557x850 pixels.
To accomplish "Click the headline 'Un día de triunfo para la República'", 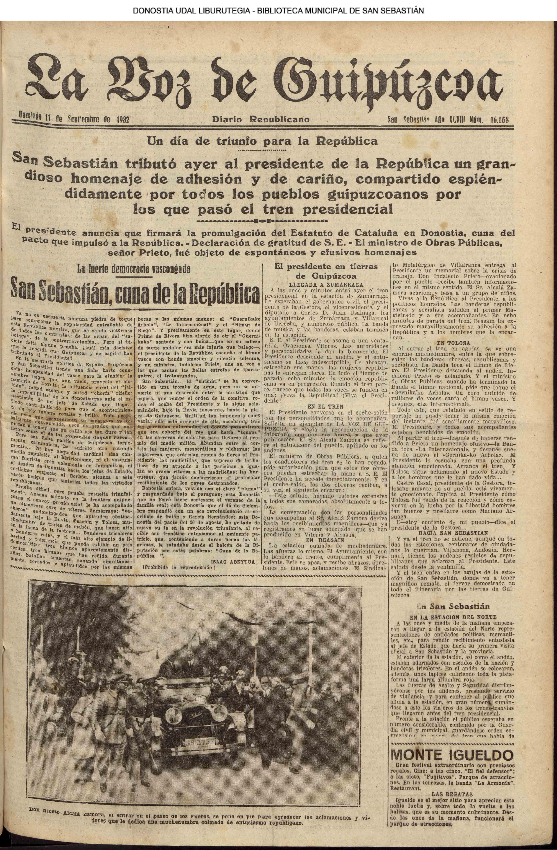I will coord(262,141).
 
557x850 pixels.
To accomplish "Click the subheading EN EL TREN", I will coord(325,406).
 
